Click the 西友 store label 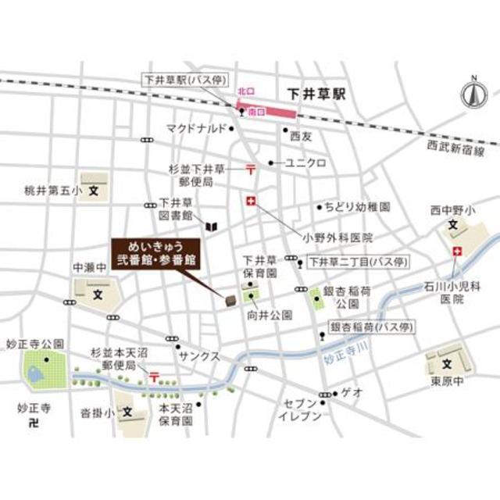point(301,136)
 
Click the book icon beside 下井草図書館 point(211,227)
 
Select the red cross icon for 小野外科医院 point(251,202)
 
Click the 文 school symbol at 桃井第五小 point(94,189)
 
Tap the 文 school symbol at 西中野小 point(452,227)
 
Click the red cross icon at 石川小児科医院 point(456,252)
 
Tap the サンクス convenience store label point(199,355)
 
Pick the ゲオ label point(353,392)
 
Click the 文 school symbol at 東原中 point(448,364)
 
